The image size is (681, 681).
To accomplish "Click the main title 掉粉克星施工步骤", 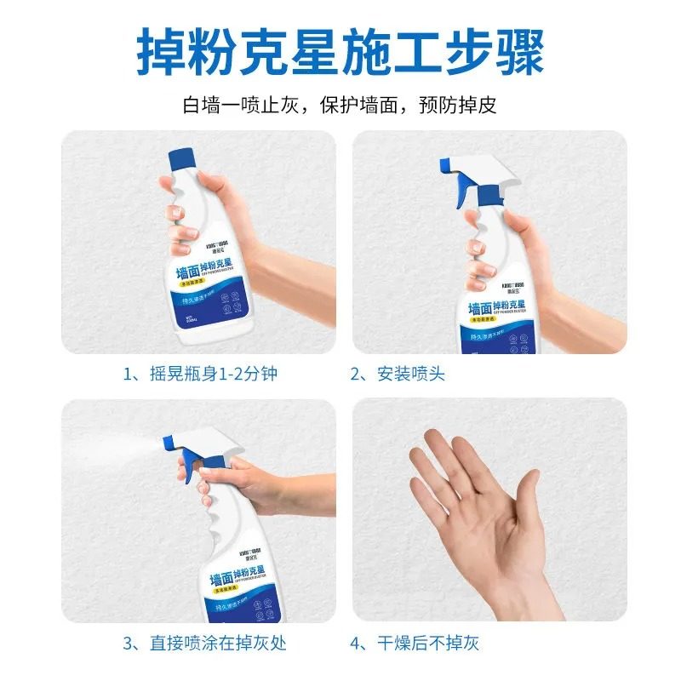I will pyautogui.click(x=340, y=53).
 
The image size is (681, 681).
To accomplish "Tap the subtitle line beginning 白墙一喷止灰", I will pyautogui.click(x=340, y=106).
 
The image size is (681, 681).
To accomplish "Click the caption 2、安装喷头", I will pyautogui.click(x=398, y=374).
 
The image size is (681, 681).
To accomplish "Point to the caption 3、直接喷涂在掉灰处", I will pyautogui.click(x=204, y=643).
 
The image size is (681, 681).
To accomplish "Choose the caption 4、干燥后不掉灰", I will pyautogui.click(x=421, y=643).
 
